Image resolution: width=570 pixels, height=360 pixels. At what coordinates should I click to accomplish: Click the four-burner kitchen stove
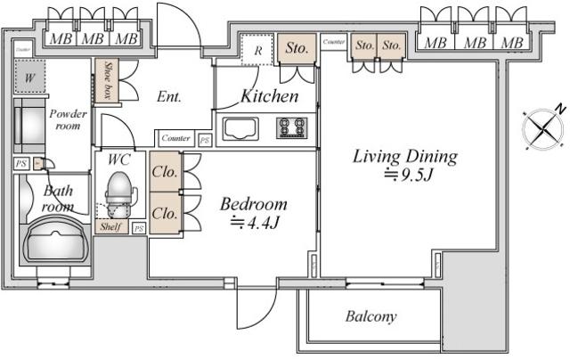291,127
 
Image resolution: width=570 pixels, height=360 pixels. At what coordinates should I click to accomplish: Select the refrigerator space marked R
257,50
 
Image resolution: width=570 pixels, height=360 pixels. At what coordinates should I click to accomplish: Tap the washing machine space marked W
29,78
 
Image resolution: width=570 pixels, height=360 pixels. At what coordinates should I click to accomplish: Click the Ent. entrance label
169,96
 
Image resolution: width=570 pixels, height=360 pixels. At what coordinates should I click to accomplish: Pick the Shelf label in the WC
111,226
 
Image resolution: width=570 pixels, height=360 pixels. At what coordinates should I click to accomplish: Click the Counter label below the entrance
175,138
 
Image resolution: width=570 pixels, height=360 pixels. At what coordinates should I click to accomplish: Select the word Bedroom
254,203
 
